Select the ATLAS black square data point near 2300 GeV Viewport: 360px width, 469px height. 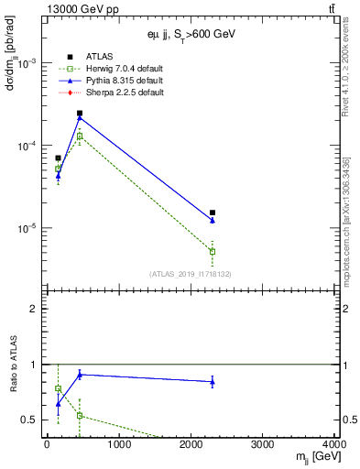(x=213, y=213)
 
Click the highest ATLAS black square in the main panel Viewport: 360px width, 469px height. (x=80, y=114)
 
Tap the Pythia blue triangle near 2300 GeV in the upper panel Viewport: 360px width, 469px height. (x=213, y=221)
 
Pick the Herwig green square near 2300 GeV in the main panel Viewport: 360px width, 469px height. (x=213, y=251)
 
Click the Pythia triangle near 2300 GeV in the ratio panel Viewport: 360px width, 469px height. (x=213, y=382)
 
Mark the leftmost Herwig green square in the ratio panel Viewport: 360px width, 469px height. (x=59, y=388)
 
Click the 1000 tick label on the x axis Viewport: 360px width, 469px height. (x=118, y=446)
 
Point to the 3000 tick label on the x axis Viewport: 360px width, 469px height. (x=263, y=446)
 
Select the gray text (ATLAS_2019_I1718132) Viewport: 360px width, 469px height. (x=191, y=274)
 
